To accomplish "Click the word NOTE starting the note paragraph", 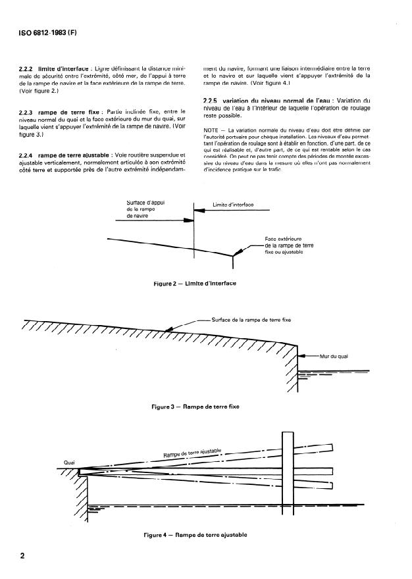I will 213,129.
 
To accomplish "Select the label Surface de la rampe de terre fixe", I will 251,319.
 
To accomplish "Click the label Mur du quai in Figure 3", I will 333,356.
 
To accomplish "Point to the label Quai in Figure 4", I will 70,461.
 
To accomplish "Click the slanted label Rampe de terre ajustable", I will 192,453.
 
